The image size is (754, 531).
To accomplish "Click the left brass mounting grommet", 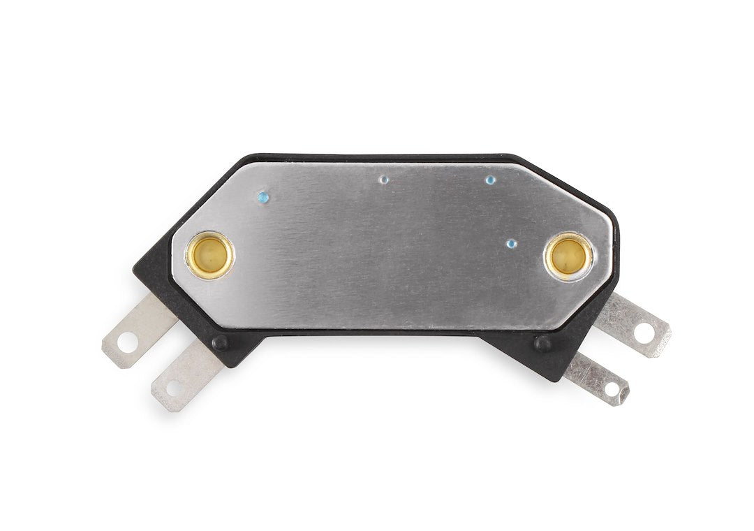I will click(x=209, y=255).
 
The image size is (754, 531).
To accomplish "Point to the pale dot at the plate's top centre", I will click(x=383, y=180).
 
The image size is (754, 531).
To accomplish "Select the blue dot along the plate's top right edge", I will click(x=491, y=180).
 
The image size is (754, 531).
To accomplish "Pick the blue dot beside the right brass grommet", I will click(x=511, y=244).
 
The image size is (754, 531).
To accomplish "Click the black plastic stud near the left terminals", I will click(x=220, y=342).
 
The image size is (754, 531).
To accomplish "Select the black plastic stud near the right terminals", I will click(x=541, y=343).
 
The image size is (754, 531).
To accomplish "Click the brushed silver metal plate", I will click(x=391, y=252).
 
